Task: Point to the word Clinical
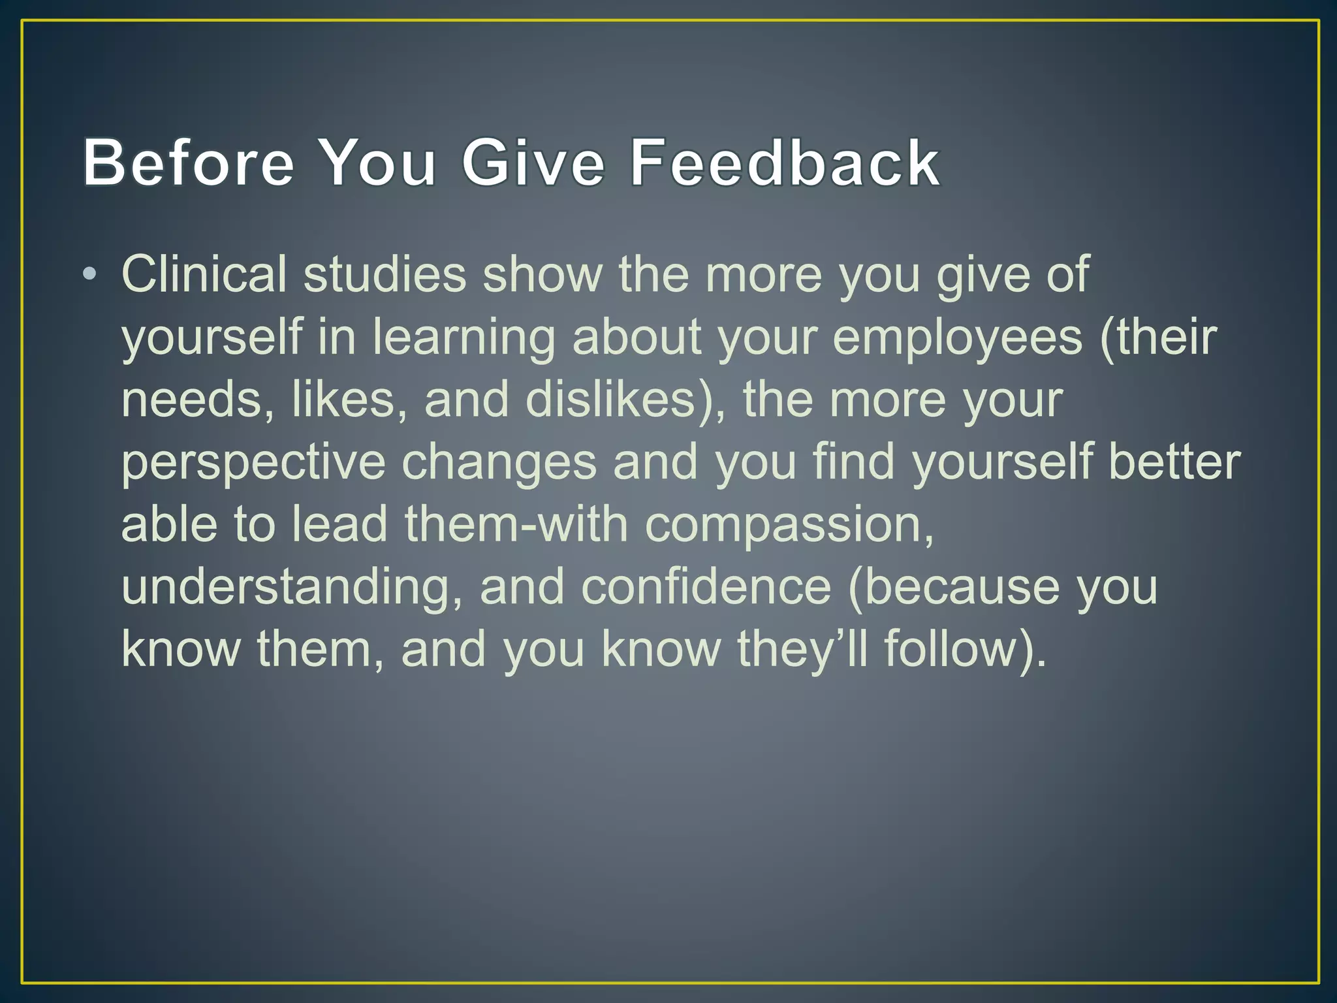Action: (x=204, y=274)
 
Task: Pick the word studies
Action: (x=385, y=274)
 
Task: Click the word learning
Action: (x=463, y=337)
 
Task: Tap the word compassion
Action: (x=789, y=525)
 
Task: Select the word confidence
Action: (x=706, y=587)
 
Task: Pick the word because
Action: (x=960, y=587)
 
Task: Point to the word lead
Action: (x=339, y=524)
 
